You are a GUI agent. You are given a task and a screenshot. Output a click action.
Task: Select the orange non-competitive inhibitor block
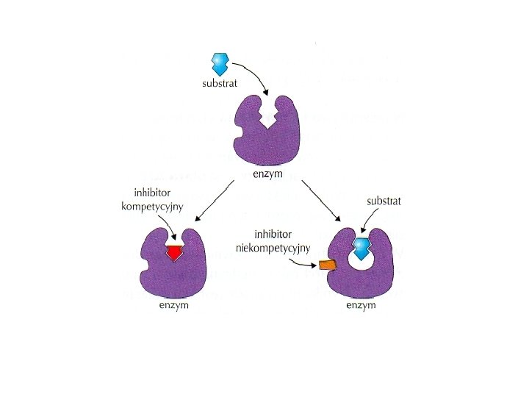click(327, 265)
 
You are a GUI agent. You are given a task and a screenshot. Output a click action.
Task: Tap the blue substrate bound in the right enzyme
click(361, 248)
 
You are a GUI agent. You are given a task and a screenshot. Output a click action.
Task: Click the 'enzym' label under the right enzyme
click(362, 305)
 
